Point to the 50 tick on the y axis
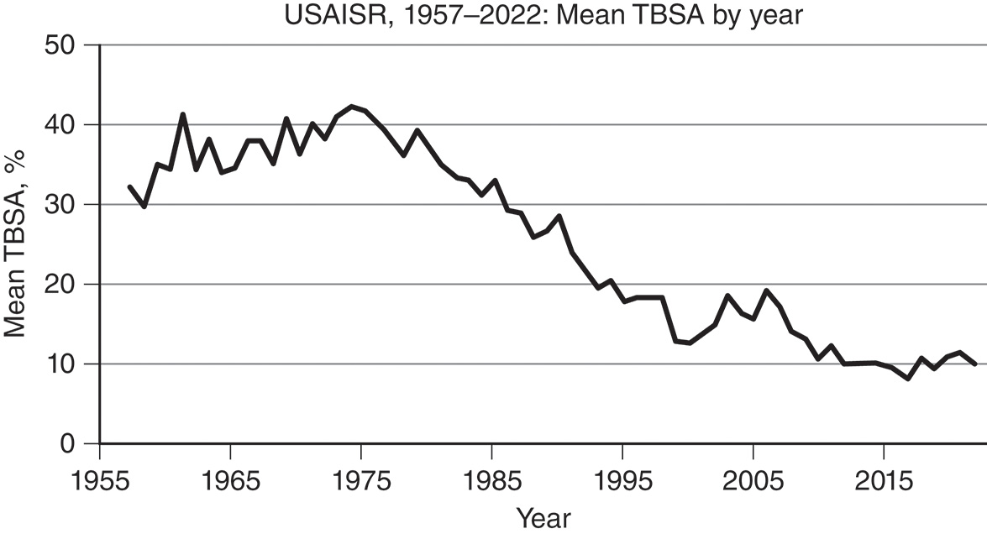click(x=64, y=45)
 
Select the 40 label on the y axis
click(x=64, y=125)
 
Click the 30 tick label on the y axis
click(x=64, y=205)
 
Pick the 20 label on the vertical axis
click(x=64, y=285)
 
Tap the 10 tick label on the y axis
click(x=64, y=364)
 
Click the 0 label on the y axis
click(x=73, y=444)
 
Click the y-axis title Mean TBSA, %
click(x=16, y=243)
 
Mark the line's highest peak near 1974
click(x=351, y=107)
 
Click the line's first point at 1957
click(x=129, y=186)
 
